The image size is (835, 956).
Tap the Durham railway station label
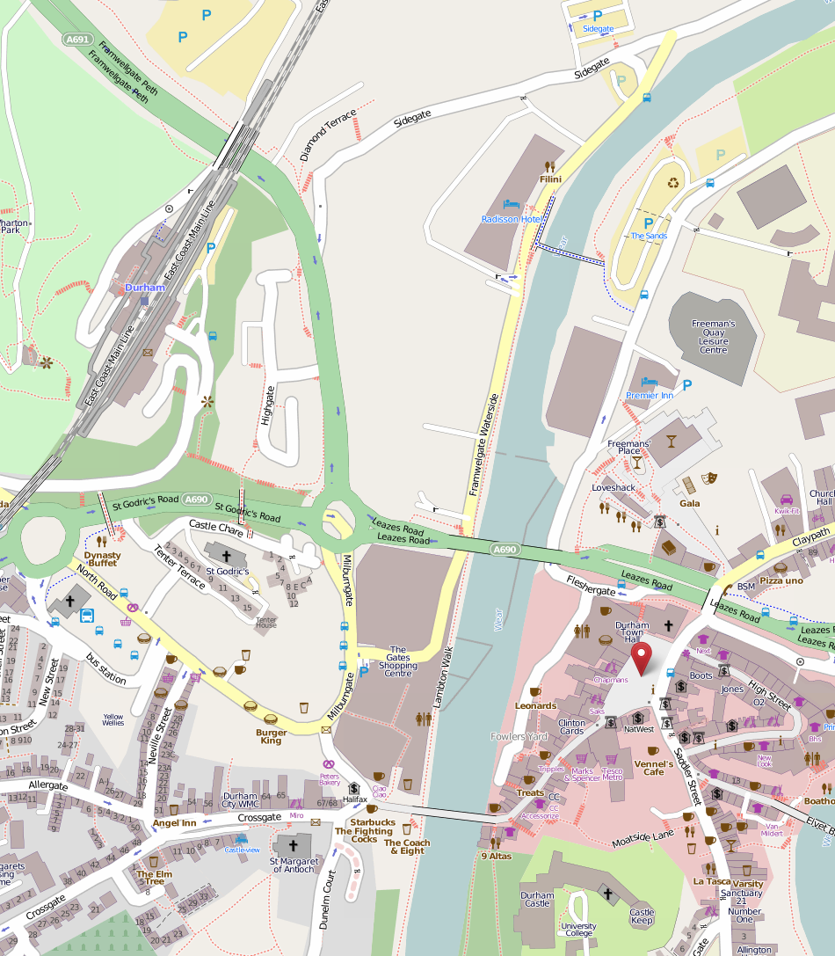144,288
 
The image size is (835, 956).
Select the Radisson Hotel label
511,218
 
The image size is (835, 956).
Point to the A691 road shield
76,40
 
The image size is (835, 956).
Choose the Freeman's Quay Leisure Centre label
714,337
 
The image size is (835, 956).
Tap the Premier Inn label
650,396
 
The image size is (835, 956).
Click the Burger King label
271,736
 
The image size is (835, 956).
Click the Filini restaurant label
550,179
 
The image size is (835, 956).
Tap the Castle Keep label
642,916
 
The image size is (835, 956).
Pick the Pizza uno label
781,580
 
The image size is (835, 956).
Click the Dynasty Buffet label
102,559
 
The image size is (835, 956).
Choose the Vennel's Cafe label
653,768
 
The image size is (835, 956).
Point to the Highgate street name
268,405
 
